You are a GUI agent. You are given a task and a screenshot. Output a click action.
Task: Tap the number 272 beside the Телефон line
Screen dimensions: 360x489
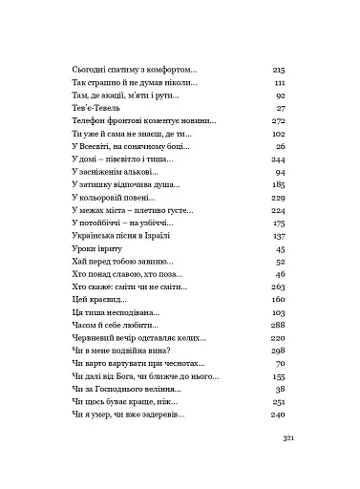[280, 121]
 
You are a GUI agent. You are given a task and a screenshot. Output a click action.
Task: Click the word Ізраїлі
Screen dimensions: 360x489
[166, 235]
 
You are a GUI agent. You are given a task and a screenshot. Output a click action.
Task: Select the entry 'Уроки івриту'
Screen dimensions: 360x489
[96, 247]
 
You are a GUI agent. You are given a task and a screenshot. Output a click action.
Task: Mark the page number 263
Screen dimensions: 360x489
[280, 286]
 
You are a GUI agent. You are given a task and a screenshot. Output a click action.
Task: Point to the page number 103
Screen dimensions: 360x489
[280, 311]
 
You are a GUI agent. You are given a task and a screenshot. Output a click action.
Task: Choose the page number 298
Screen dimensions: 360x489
[280, 350]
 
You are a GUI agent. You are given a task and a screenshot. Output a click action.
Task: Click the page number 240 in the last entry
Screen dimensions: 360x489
[280, 414]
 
